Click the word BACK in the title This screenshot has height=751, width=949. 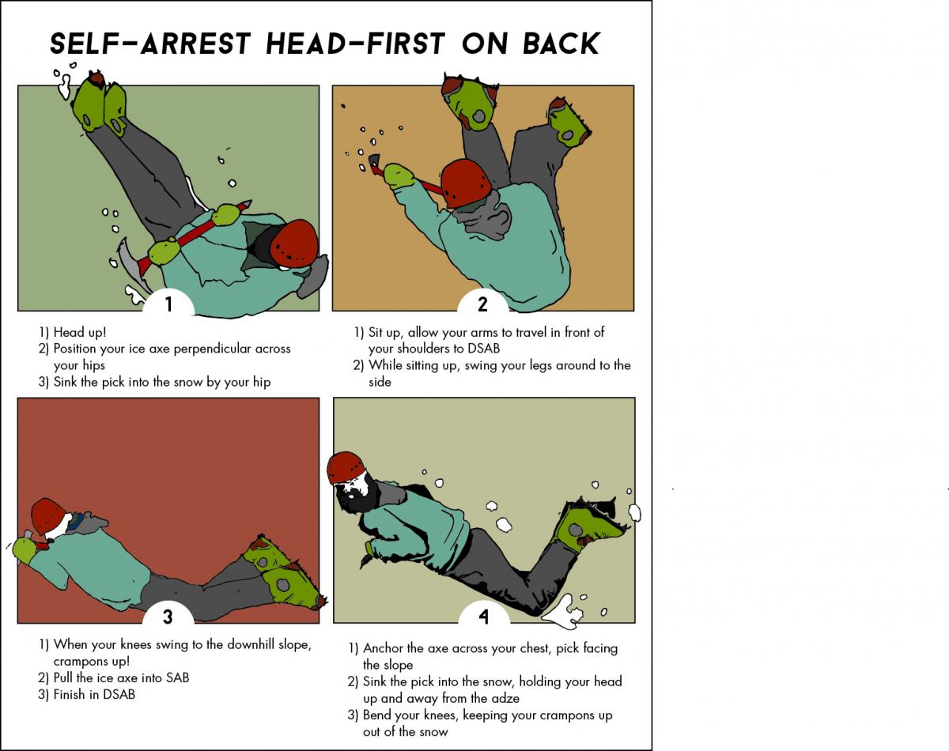point(561,43)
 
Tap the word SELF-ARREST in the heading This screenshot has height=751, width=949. point(150,43)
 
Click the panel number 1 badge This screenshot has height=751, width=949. point(168,304)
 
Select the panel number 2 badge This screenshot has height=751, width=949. point(483,304)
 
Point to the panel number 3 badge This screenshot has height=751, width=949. point(168,616)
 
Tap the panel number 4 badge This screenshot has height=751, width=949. point(484,616)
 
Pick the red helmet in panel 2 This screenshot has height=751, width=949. point(466,183)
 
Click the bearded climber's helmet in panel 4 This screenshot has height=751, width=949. point(346,467)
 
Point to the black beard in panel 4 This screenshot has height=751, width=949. point(358,496)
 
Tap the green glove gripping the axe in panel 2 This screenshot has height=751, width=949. point(399,175)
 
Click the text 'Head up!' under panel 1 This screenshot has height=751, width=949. point(79,332)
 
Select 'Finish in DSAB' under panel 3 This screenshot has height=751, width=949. point(94,695)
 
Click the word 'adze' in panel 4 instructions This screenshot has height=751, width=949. point(504,699)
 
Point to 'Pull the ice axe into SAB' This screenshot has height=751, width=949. point(121,677)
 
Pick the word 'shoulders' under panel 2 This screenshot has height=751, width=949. point(422,349)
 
